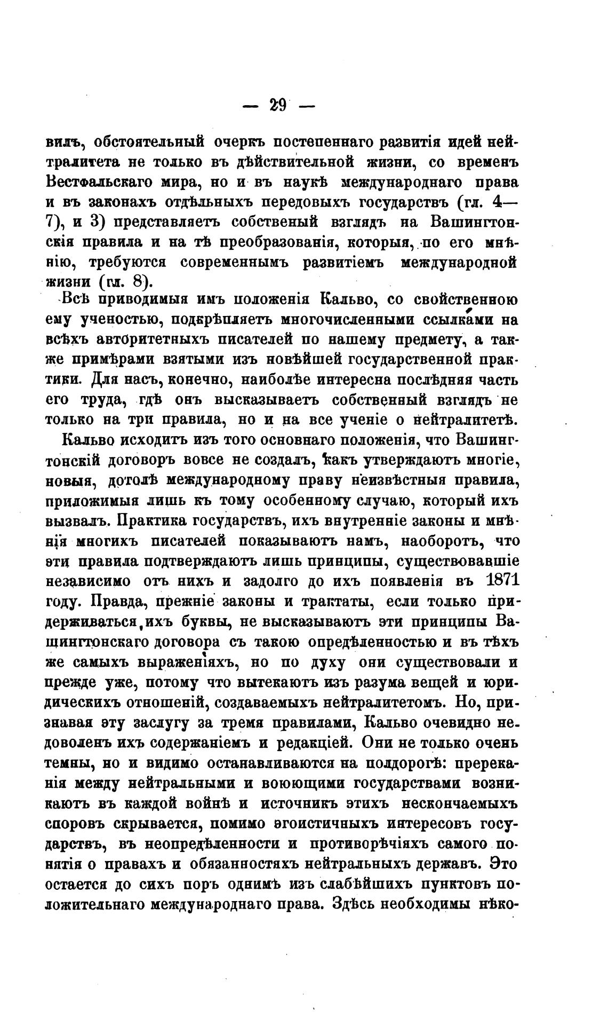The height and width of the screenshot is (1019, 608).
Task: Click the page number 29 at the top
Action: point(278,105)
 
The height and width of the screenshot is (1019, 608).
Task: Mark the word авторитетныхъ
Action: point(165,340)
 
